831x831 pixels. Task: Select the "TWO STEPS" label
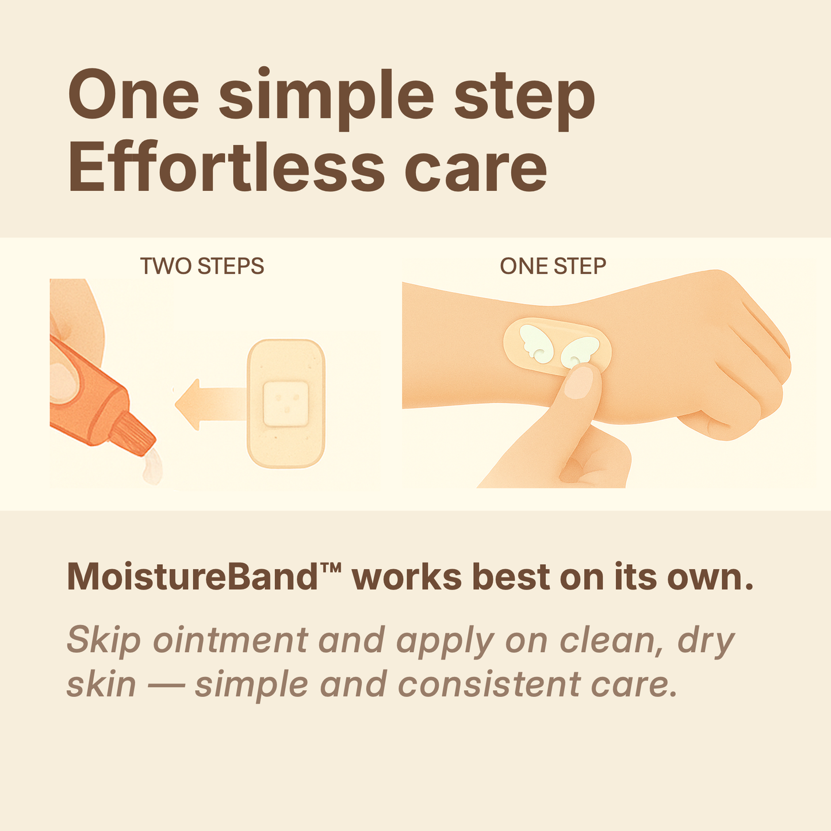[x=202, y=266]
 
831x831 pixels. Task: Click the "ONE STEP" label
[x=553, y=266]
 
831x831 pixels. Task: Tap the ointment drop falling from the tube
[x=152, y=468]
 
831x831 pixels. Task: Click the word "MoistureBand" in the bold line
[x=193, y=577]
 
